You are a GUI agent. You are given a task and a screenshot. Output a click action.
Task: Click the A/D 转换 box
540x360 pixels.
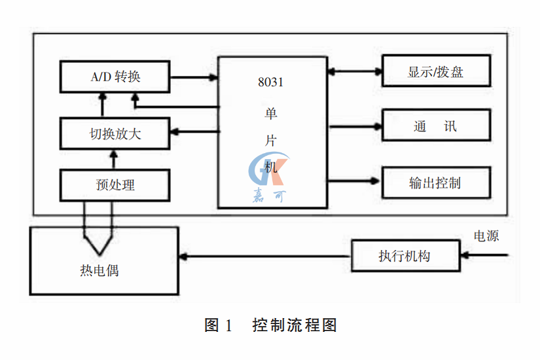click(115, 77)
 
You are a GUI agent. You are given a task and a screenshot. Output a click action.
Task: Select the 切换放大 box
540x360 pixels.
click(115, 134)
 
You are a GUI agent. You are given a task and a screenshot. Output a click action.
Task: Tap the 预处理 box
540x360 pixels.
click(115, 185)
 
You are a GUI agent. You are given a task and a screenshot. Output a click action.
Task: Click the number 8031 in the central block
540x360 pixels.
click(270, 83)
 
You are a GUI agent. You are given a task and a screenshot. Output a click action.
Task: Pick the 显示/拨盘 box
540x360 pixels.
click(435, 71)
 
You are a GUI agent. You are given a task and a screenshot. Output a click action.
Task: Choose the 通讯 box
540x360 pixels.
click(435, 126)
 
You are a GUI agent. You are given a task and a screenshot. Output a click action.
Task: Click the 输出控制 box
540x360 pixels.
click(435, 183)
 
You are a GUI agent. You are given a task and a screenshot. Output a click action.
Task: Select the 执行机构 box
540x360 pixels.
click(405, 256)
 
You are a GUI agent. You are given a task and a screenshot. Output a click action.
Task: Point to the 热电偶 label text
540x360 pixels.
click(99, 270)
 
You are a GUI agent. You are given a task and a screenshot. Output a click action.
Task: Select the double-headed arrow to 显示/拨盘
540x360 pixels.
click(353, 70)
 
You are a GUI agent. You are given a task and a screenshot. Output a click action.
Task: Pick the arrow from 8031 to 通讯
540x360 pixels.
click(353, 126)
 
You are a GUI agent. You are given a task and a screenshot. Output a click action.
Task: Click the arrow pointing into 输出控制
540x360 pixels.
click(353, 179)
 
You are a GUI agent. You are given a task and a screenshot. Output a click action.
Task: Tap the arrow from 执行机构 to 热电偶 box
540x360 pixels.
click(265, 256)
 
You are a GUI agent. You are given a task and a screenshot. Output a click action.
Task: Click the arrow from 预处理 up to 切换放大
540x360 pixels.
click(113, 159)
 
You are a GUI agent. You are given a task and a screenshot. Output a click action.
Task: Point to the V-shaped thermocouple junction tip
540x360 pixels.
click(99, 253)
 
